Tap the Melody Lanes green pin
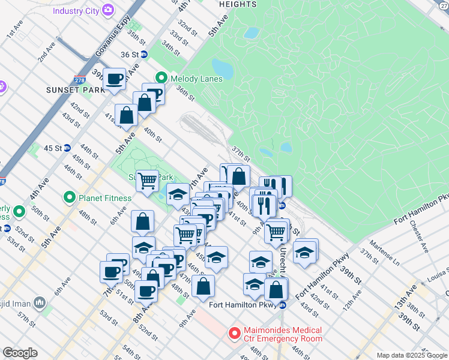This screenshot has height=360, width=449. (161, 78)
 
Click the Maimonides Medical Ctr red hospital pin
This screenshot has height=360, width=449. (234, 332)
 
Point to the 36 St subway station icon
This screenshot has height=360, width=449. (144, 54)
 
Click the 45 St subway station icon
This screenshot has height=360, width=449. (67, 148)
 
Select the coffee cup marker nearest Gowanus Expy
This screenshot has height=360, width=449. (115, 79)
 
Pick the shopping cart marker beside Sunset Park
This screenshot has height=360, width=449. (147, 180)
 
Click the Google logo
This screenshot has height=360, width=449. (20, 353)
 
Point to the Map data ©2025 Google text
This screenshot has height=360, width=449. (411, 355)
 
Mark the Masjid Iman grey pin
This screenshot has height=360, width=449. (40, 302)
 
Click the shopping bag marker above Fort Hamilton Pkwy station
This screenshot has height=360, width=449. (276, 290)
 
